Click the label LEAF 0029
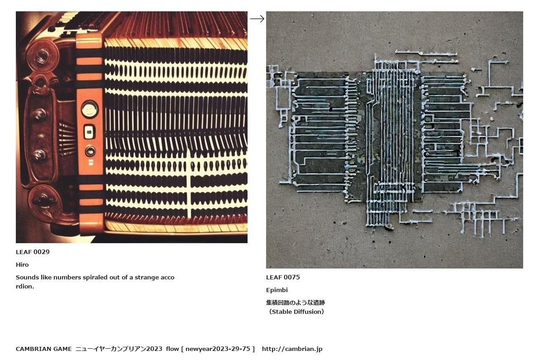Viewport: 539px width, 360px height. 33,252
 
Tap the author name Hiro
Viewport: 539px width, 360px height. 22,264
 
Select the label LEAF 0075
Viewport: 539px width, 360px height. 283,277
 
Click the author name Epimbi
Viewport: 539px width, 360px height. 277,290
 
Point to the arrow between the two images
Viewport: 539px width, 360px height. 257,19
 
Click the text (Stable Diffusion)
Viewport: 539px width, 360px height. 296,312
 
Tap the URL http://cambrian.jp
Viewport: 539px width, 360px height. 292,349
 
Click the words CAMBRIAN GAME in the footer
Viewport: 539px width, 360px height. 43,349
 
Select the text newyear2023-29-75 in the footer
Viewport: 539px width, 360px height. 218,349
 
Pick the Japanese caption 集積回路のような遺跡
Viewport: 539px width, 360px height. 295,302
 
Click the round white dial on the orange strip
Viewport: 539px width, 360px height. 89,109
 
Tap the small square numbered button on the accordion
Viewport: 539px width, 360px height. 89,132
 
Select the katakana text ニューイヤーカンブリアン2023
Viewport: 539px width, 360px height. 119,349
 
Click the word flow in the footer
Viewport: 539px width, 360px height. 172,349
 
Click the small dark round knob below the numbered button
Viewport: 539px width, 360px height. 90,151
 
